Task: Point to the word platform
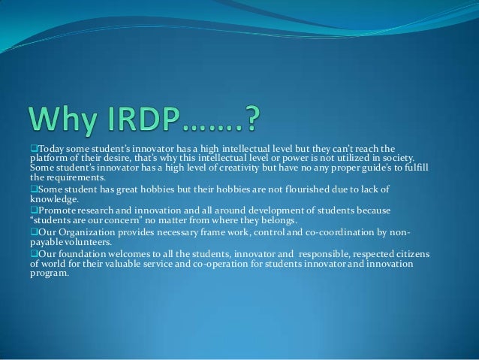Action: [x=48, y=159]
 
